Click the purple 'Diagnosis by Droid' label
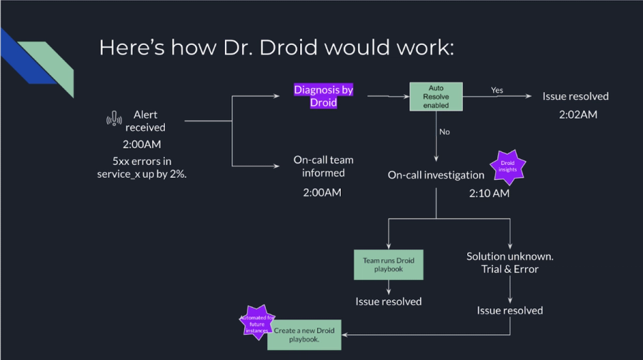point(324,96)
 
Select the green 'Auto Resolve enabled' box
point(436,96)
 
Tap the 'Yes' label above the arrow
point(497,90)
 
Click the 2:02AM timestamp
point(575,114)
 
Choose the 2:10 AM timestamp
point(489,193)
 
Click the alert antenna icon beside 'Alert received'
point(111,120)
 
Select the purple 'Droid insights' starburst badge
point(507,167)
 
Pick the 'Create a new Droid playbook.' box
point(304,334)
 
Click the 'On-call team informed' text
point(323,166)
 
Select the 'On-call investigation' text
point(436,175)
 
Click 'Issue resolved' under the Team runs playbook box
point(388,301)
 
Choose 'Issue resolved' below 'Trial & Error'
point(509,311)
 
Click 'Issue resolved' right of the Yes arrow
point(575,96)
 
